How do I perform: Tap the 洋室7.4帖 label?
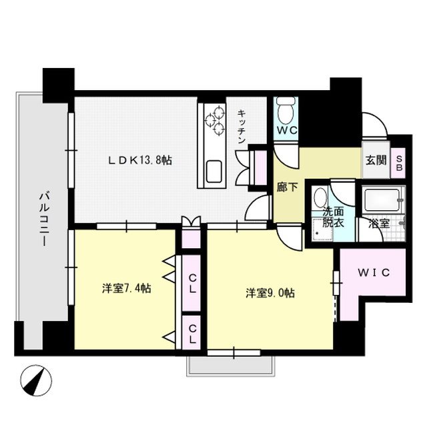tap(126, 289)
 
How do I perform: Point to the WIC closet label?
tap(372, 273)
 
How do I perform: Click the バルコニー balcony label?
tap(44, 218)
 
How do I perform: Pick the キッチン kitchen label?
tap(242, 127)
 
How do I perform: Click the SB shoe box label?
tap(400, 163)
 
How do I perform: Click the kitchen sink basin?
tap(216, 171)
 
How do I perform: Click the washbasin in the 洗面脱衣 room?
tap(320, 198)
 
